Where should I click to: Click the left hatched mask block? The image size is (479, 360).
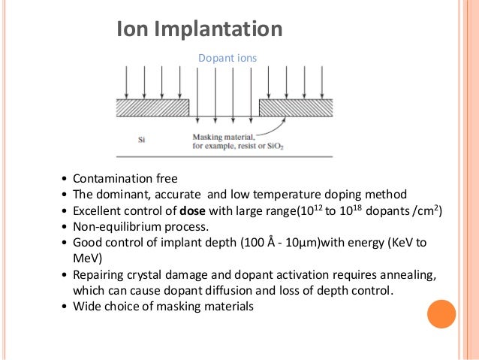click(152, 107)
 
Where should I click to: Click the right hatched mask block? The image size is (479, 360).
click(296, 107)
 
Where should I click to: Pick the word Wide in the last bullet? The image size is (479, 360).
click(87, 307)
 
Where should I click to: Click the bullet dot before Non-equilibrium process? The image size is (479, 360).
click(64, 227)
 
